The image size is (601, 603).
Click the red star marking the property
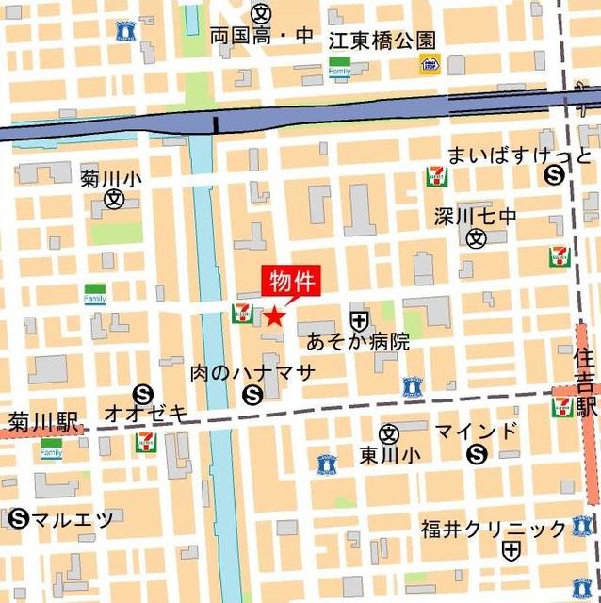click(x=273, y=317)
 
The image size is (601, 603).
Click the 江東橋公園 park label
click(x=382, y=41)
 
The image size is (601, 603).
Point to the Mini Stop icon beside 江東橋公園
click(x=430, y=64)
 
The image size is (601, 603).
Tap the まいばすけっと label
click(x=519, y=154)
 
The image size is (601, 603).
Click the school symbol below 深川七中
click(x=477, y=238)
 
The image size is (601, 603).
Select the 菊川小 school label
click(x=111, y=176)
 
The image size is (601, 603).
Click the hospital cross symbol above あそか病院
click(x=358, y=319)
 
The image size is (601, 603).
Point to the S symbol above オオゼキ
click(x=143, y=394)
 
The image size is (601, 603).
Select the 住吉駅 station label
click(x=586, y=383)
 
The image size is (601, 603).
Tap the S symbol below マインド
click(x=477, y=456)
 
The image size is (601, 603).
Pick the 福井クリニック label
click(x=494, y=527)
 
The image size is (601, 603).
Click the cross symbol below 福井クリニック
click(x=512, y=551)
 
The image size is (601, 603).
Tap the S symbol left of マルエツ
click(x=18, y=517)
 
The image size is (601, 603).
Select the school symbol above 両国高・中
click(x=261, y=13)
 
